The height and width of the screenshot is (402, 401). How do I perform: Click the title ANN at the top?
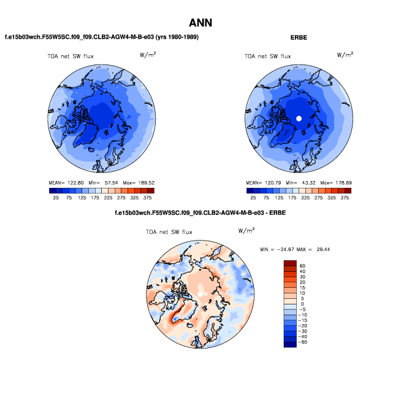tap(200, 23)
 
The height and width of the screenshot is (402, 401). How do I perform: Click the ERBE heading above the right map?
tap(299, 37)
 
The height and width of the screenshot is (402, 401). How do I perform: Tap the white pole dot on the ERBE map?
tap(299, 118)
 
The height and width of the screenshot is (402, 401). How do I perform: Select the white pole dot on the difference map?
tap(200, 295)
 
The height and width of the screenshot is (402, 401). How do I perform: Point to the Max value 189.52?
tap(143, 183)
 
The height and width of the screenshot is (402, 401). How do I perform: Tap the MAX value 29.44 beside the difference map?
tap(322, 250)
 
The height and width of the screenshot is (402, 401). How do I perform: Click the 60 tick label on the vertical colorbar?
tap(302, 266)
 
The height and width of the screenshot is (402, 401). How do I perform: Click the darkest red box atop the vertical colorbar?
tap(290, 263)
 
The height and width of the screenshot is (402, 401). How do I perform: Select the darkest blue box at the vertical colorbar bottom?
tap(290, 344)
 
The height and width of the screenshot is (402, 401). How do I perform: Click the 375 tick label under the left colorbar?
tap(148, 198)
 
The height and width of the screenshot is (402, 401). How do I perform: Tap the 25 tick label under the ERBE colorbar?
tap(253, 198)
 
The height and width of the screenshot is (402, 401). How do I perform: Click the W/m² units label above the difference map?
tap(245, 231)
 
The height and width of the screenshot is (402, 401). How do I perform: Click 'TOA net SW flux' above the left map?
tap(71, 56)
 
